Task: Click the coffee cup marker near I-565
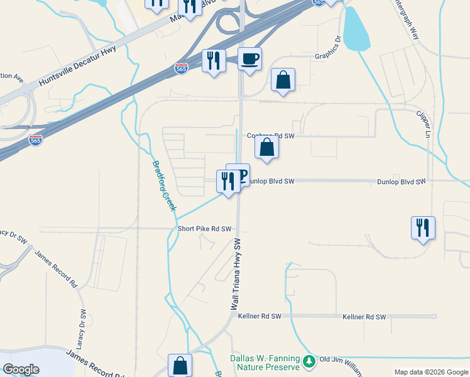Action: [x=250, y=59]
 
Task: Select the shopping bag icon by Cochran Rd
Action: [x=267, y=148]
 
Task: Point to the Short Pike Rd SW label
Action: [x=205, y=229]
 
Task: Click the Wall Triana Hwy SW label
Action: [x=236, y=275]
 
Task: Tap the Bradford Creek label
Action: [x=165, y=186]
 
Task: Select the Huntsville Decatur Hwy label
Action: [x=78, y=68]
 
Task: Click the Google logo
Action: [x=21, y=369]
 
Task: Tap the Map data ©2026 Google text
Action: [x=430, y=372]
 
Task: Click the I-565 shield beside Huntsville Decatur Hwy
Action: [x=181, y=67]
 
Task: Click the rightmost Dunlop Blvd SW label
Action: [x=402, y=182]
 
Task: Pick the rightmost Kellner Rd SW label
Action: [x=364, y=317]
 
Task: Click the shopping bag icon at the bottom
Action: [x=180, y=365]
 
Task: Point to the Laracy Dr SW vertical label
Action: [x=83, y=327]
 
